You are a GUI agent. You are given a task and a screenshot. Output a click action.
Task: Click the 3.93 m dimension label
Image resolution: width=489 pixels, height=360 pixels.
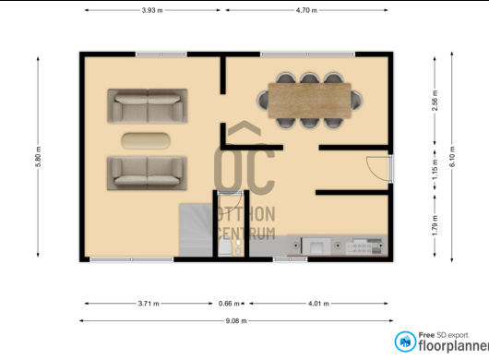pyautogui.click(x=152, y=10)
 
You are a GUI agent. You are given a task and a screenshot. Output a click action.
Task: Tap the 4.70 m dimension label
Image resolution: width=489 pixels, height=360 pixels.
pyautogui.click(x=306, y=10)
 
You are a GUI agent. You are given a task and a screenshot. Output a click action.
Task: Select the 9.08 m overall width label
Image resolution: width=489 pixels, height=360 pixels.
pyautogui.click(x=236, y=320)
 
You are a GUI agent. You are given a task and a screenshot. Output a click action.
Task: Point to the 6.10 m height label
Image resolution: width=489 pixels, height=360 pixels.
pyautogui.click(x=452, y=156)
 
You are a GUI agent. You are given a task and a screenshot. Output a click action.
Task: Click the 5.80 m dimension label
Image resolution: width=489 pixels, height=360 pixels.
pyautogui.click(x=38, y=157)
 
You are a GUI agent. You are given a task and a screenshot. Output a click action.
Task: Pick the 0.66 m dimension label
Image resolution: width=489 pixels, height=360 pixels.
pyautogui.click(x=229, y=303)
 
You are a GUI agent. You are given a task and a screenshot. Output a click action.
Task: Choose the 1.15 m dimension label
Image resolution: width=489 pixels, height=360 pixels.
pyautogui.click(x=435, y=170)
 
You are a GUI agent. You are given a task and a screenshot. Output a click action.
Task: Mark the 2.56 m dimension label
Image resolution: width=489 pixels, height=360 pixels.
pyautogui.click(x=435, y=101)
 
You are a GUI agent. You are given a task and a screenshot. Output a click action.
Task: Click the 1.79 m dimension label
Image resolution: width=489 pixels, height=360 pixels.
pyautogui.click(x=435, y=225)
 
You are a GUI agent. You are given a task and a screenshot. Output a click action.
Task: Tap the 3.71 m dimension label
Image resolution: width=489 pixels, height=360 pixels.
pyautogui.click(x=149, y=303)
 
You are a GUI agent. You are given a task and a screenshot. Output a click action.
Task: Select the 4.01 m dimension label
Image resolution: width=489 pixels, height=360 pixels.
pyautogui.click(x=318, y=303)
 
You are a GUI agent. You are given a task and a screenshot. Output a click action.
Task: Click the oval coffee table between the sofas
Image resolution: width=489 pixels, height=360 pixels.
pyautogui.click(x=146, y=140)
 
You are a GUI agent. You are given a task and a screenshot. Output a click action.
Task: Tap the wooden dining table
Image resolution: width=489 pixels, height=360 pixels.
pyautogui.click(x=310, y=101)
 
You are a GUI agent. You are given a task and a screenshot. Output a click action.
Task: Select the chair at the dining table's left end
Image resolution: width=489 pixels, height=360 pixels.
pyautogui.click(x=263, y=100)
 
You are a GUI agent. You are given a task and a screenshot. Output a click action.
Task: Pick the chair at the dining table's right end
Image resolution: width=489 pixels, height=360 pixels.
pyautogui.click(x=357, y=100)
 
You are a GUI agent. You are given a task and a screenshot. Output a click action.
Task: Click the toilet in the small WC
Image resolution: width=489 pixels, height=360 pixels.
pyautogui.click(x=225, y=247)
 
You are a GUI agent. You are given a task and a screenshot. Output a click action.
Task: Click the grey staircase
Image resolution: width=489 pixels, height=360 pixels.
pyautogui.click(x=197, y=230)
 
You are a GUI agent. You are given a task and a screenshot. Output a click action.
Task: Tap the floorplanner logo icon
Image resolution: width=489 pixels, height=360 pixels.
pyautogui.click(x=405, y=342)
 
